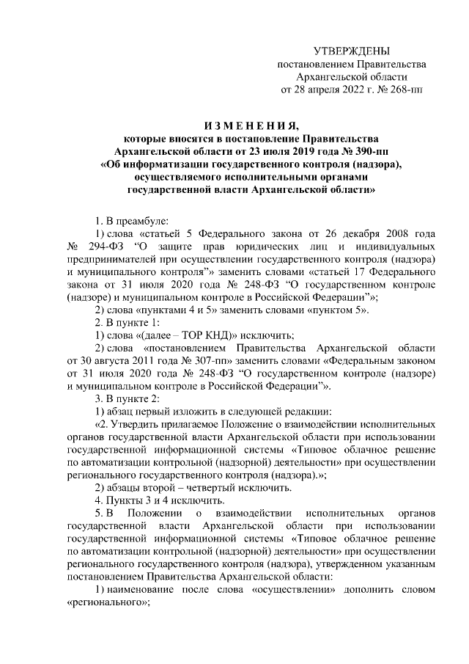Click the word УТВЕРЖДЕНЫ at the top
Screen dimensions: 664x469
[x=351, y=51]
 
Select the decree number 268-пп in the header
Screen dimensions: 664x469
[x=406, y=90]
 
